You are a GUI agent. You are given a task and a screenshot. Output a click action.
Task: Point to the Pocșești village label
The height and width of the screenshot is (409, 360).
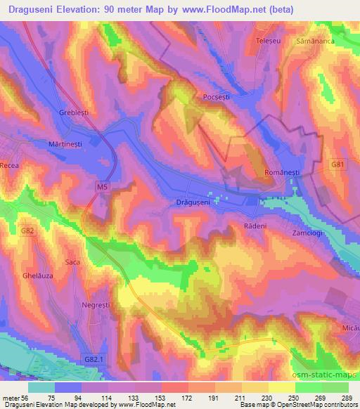click(216, 97)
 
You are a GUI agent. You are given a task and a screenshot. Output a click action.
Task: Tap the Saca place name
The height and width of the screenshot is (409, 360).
click(72, 262)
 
